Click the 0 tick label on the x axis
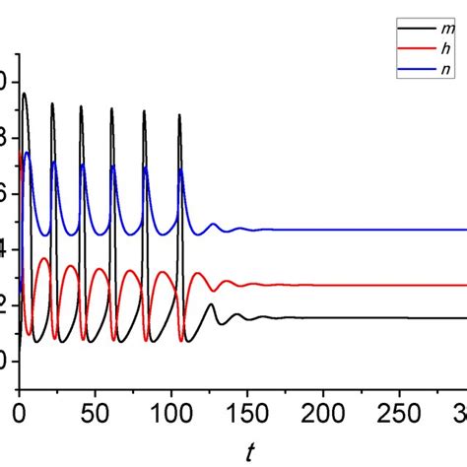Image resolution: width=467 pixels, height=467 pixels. tap(19, 410)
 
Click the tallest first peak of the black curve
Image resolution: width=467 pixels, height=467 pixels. tap(24, 94)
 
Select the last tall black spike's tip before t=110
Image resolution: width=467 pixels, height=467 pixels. tap(179, 115)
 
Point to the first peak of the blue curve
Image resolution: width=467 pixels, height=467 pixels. tap(28, 153)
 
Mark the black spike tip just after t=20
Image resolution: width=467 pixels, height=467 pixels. tap(52, 103)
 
